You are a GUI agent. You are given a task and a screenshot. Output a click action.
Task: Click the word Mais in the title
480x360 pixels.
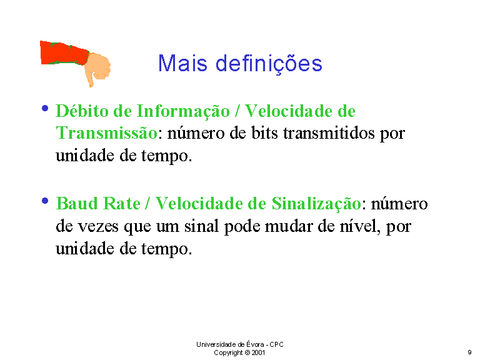coord(182,63)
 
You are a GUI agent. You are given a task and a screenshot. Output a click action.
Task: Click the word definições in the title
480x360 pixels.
coord(269,64)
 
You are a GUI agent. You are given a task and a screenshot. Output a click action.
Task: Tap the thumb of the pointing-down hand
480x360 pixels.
coord(90,79)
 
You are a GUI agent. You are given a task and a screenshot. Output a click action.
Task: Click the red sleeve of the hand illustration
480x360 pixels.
coord(64,53)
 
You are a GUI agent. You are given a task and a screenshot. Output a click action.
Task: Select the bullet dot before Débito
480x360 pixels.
coord(45,108)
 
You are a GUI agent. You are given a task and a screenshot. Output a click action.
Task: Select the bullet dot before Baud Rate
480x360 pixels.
coord(45,201)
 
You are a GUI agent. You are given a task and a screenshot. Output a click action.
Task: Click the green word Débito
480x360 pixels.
coord(82,111)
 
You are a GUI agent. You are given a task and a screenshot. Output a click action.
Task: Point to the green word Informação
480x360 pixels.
coord(183,111)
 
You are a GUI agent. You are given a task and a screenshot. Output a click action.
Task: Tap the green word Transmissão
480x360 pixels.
coord(106,133)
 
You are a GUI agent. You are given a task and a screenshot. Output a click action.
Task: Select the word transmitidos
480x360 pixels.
coord(329,133)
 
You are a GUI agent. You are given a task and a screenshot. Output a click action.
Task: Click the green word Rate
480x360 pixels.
coord(121,203)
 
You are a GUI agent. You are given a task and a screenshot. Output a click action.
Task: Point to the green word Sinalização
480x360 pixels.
coord(316,204)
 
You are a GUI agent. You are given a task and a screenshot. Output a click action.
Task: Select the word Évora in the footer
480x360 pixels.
coord(255,344)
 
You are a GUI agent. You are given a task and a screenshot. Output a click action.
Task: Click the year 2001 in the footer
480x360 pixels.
coord(258,352)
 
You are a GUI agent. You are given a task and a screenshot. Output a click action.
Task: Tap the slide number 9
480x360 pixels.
coord(469,352)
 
